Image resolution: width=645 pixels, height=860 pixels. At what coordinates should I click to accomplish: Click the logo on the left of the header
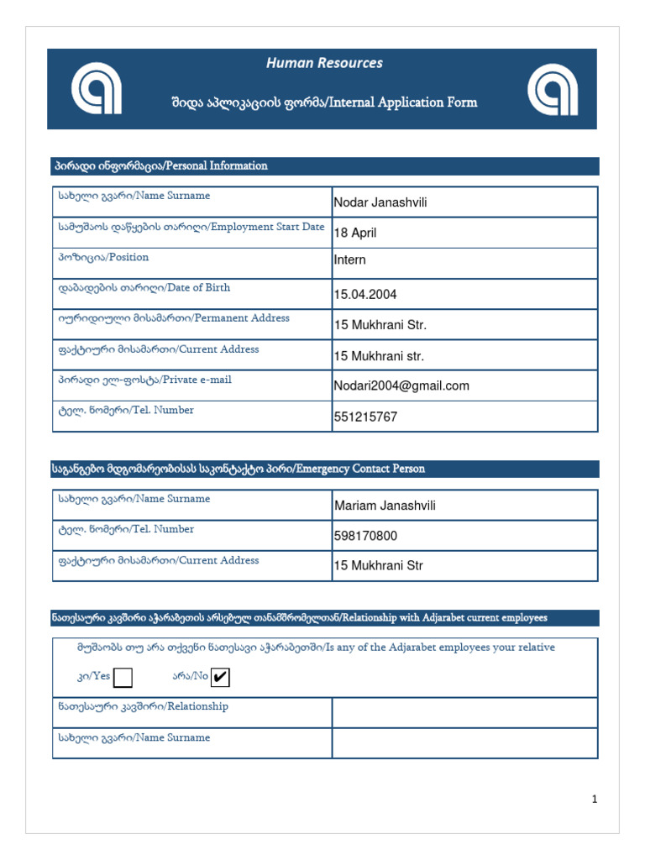(96, 89)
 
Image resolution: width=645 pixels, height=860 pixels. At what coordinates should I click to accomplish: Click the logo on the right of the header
(552, 89)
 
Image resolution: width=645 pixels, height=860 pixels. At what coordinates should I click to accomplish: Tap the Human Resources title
(324, 63)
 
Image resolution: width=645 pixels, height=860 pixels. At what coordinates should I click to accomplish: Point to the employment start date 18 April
(354, 233)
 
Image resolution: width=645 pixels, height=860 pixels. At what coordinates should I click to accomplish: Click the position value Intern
(350, 260)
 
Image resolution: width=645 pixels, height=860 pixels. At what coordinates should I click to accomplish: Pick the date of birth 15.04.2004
(365, 295)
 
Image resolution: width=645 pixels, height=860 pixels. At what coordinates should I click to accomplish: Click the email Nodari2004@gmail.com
(401, 385)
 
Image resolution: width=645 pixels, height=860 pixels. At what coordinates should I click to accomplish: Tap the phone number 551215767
(365, 417)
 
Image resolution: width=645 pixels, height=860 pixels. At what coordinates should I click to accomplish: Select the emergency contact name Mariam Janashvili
(385, 506)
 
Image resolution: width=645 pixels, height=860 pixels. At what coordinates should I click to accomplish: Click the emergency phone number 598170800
(365, 536)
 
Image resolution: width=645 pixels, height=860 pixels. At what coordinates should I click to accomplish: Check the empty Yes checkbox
(123, 677)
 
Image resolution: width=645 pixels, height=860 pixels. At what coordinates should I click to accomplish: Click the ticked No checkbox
(221, 677)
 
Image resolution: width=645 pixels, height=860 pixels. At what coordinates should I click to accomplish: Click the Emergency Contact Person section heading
(239, 469)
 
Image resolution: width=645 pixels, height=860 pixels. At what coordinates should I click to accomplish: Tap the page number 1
(595, 800)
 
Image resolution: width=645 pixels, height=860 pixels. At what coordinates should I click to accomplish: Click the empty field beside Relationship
(464, 712)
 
